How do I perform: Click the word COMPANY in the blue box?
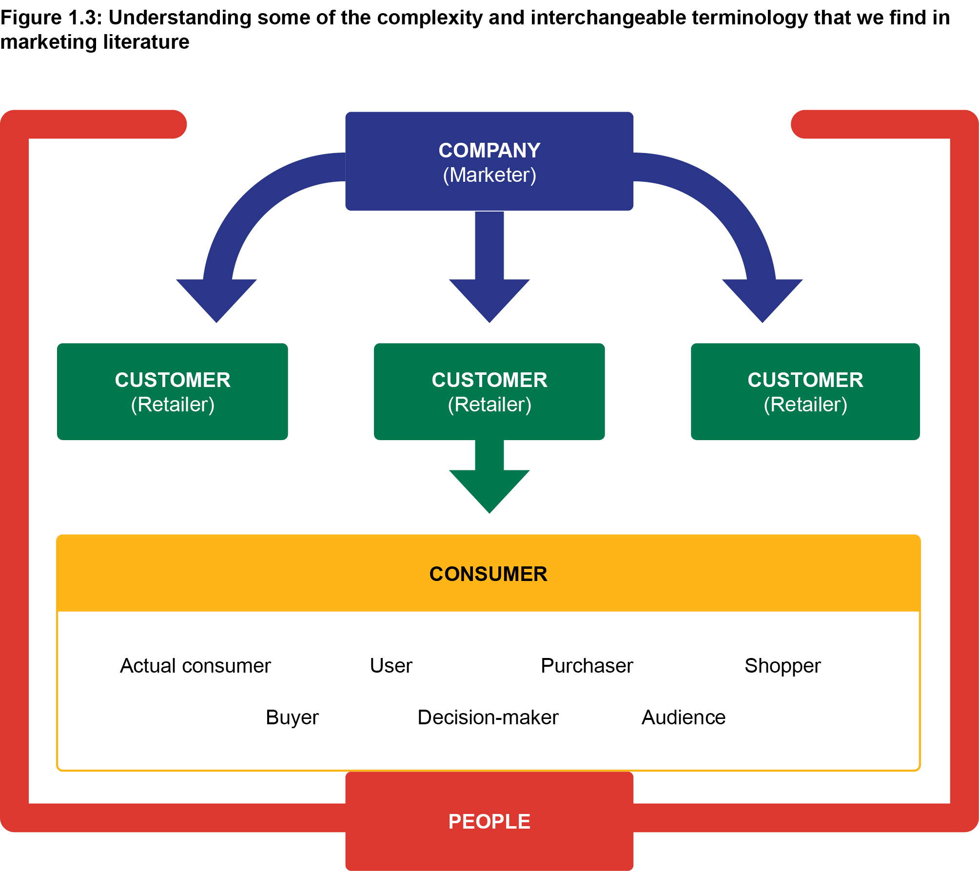489,150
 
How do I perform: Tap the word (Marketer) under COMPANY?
489,175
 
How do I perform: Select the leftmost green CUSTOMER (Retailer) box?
172,391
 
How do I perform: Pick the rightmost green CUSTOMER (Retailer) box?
805,391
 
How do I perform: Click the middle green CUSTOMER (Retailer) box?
489,391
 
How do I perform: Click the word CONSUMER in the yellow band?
488,574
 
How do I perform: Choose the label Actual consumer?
195,666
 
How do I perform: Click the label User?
391,666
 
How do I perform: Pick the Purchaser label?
587,666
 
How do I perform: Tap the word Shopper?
783,666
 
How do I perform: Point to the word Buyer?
292,717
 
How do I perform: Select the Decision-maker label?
488,717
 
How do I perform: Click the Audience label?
684,717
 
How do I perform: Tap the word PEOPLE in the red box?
489,821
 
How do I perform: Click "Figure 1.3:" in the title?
51,18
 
